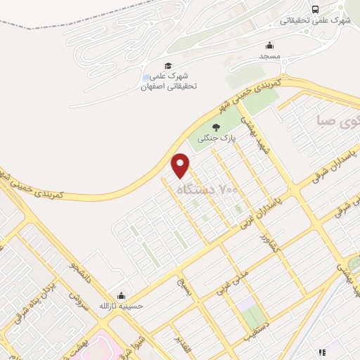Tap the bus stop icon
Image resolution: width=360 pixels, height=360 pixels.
pos(314,9)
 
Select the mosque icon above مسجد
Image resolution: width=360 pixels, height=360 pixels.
pos(270,44)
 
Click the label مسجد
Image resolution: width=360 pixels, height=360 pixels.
pos(270,55)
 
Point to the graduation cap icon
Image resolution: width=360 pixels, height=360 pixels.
pos(169,65)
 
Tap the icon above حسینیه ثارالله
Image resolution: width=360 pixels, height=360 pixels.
pos(122,295)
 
